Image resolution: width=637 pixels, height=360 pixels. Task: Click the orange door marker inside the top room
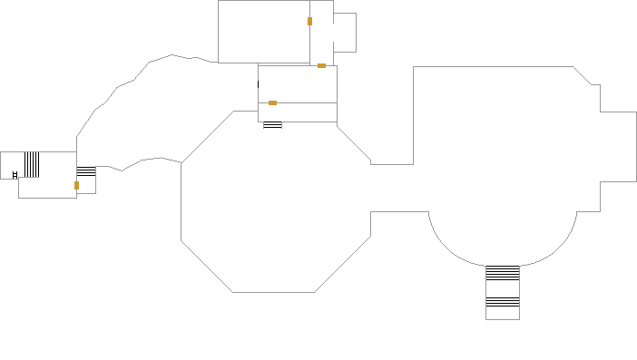tap(309, 21)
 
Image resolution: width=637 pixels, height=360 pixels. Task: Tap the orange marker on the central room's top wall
tap(321, 65)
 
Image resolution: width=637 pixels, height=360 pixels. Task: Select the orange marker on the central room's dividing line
tap(272, 102)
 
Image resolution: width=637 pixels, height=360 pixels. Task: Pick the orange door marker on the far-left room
tap(76, 185)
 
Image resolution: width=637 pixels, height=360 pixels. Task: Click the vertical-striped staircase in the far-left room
tap(32, 164)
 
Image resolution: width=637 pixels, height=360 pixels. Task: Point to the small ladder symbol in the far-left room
tap(15, 174)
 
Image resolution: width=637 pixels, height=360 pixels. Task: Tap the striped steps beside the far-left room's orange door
tap(86, 171)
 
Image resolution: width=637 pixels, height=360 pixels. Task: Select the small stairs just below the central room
tap(272, 125)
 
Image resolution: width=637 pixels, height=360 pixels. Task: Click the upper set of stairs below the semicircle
tap(502, 272)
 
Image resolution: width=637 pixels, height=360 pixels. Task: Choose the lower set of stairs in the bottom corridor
tap(502, 300)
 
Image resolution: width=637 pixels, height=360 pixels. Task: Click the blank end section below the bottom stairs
tap(502, 312)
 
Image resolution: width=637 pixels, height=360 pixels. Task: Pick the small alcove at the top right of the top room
tap(345, 33)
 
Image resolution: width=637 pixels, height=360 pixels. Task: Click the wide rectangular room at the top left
tap(263, 32)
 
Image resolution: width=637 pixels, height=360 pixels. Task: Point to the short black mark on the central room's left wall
tap(259, 84)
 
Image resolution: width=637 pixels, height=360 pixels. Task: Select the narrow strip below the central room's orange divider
tap(298, 112)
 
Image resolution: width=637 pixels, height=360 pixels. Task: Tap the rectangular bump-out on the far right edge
tap(618, 145)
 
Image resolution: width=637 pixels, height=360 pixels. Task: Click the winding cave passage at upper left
tap(145, 109)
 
